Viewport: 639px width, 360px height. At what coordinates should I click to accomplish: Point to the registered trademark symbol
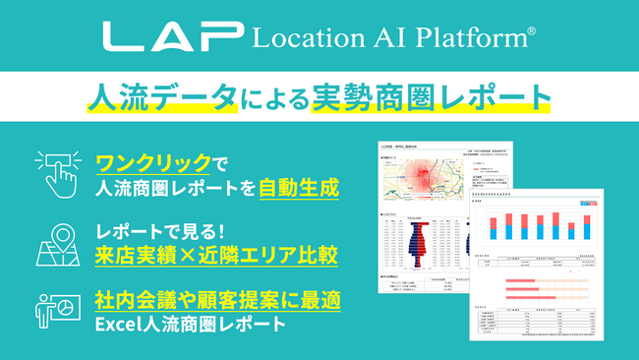click(532, 32)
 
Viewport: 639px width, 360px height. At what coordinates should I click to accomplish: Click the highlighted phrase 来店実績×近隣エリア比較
click(216, 256)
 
